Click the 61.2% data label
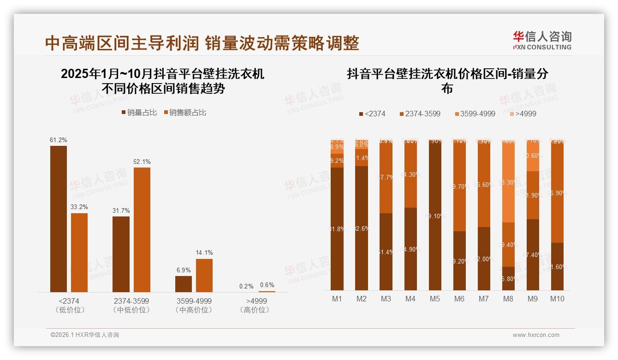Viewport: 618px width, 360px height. [x=59, y=140]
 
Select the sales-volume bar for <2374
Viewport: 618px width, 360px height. [x=59, y=219]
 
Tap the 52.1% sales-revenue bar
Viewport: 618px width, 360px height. [x=142, y=229]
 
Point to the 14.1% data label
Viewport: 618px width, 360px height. [x=204, y=252]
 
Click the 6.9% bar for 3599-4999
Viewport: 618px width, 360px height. [x=184, y=284]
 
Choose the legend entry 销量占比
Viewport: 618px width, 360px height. [x=139, y=113]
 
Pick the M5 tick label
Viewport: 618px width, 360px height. [x=435, y=299]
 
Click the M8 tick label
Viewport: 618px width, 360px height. [x=508, y=299]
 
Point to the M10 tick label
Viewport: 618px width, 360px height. [x=557, y=299]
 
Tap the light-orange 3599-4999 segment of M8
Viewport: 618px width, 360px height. [x=508, y=182]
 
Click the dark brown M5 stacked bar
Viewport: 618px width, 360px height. [x=435, y=216]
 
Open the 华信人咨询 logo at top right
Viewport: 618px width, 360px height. [x=542, y=40]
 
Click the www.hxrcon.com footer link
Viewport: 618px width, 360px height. [x=536, y=335]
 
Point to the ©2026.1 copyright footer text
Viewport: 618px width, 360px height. [x=84, y=335]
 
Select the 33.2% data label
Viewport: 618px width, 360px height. [x=79, y=207]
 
